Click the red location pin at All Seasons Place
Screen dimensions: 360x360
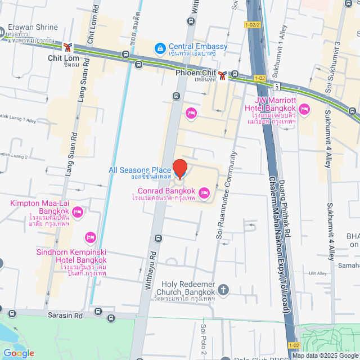pyautogui.click(x=179, y=168)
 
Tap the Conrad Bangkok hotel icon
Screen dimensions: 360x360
pyautogui.click(x=204, y=194)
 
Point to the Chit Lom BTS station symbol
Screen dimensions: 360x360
pyautogui.click(x=68, y=48)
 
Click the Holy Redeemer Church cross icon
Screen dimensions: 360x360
pyautogui.click(x=223, y=290)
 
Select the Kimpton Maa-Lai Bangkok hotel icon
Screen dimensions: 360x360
pyautogui.click(x=78, y=213)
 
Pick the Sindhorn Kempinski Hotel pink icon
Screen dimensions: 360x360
pyautogui.click(x=89, y=238)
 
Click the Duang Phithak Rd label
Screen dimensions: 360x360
pyautogui.click(x=286, y=202)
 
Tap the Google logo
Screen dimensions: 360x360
pyautogui.click(x=18, y=353)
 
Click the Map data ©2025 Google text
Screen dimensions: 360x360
pyautogui.click(x=325, y=355)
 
